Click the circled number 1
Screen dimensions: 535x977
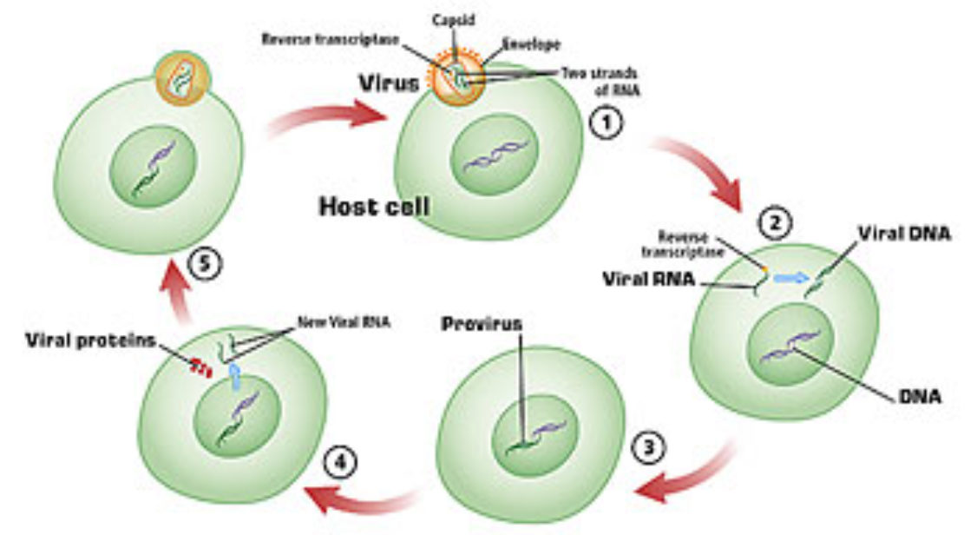click(x=607, y=125)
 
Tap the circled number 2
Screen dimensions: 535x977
click(x=774, y=224)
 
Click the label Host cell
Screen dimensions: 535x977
click(x=374, y=208)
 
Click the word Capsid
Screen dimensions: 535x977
click(x=452, y=18)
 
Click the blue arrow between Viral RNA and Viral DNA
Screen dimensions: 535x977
click(x=790, y=278)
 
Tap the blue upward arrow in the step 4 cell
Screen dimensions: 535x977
click(x=233, y=377)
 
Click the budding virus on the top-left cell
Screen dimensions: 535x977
click(x=183, y=77)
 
